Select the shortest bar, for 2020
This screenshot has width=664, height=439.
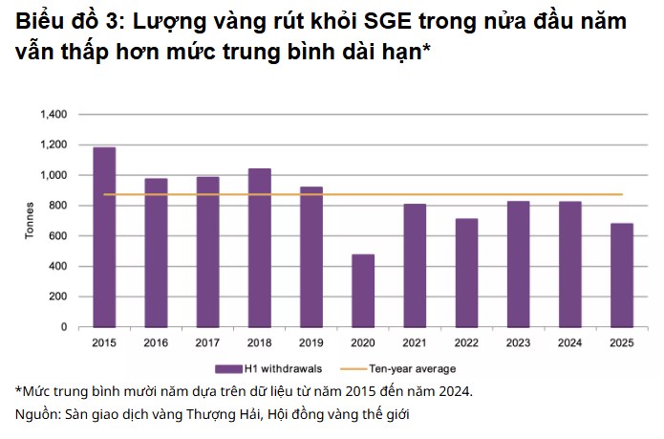tap(363, 291)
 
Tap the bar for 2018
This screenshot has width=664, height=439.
tap(259, 248)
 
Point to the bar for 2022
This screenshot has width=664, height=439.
tap(466, 273)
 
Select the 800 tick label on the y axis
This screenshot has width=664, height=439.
tap(57, 206)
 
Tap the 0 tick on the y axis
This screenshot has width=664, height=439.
tap(63, 327)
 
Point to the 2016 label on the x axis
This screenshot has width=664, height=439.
tap(156, 341)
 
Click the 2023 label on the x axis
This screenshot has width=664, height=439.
tap(518, 341)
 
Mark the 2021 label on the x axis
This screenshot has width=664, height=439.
tap(415, 341)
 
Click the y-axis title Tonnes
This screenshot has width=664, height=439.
tap(29, 221)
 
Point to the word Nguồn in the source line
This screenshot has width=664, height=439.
tap(36, 414)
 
